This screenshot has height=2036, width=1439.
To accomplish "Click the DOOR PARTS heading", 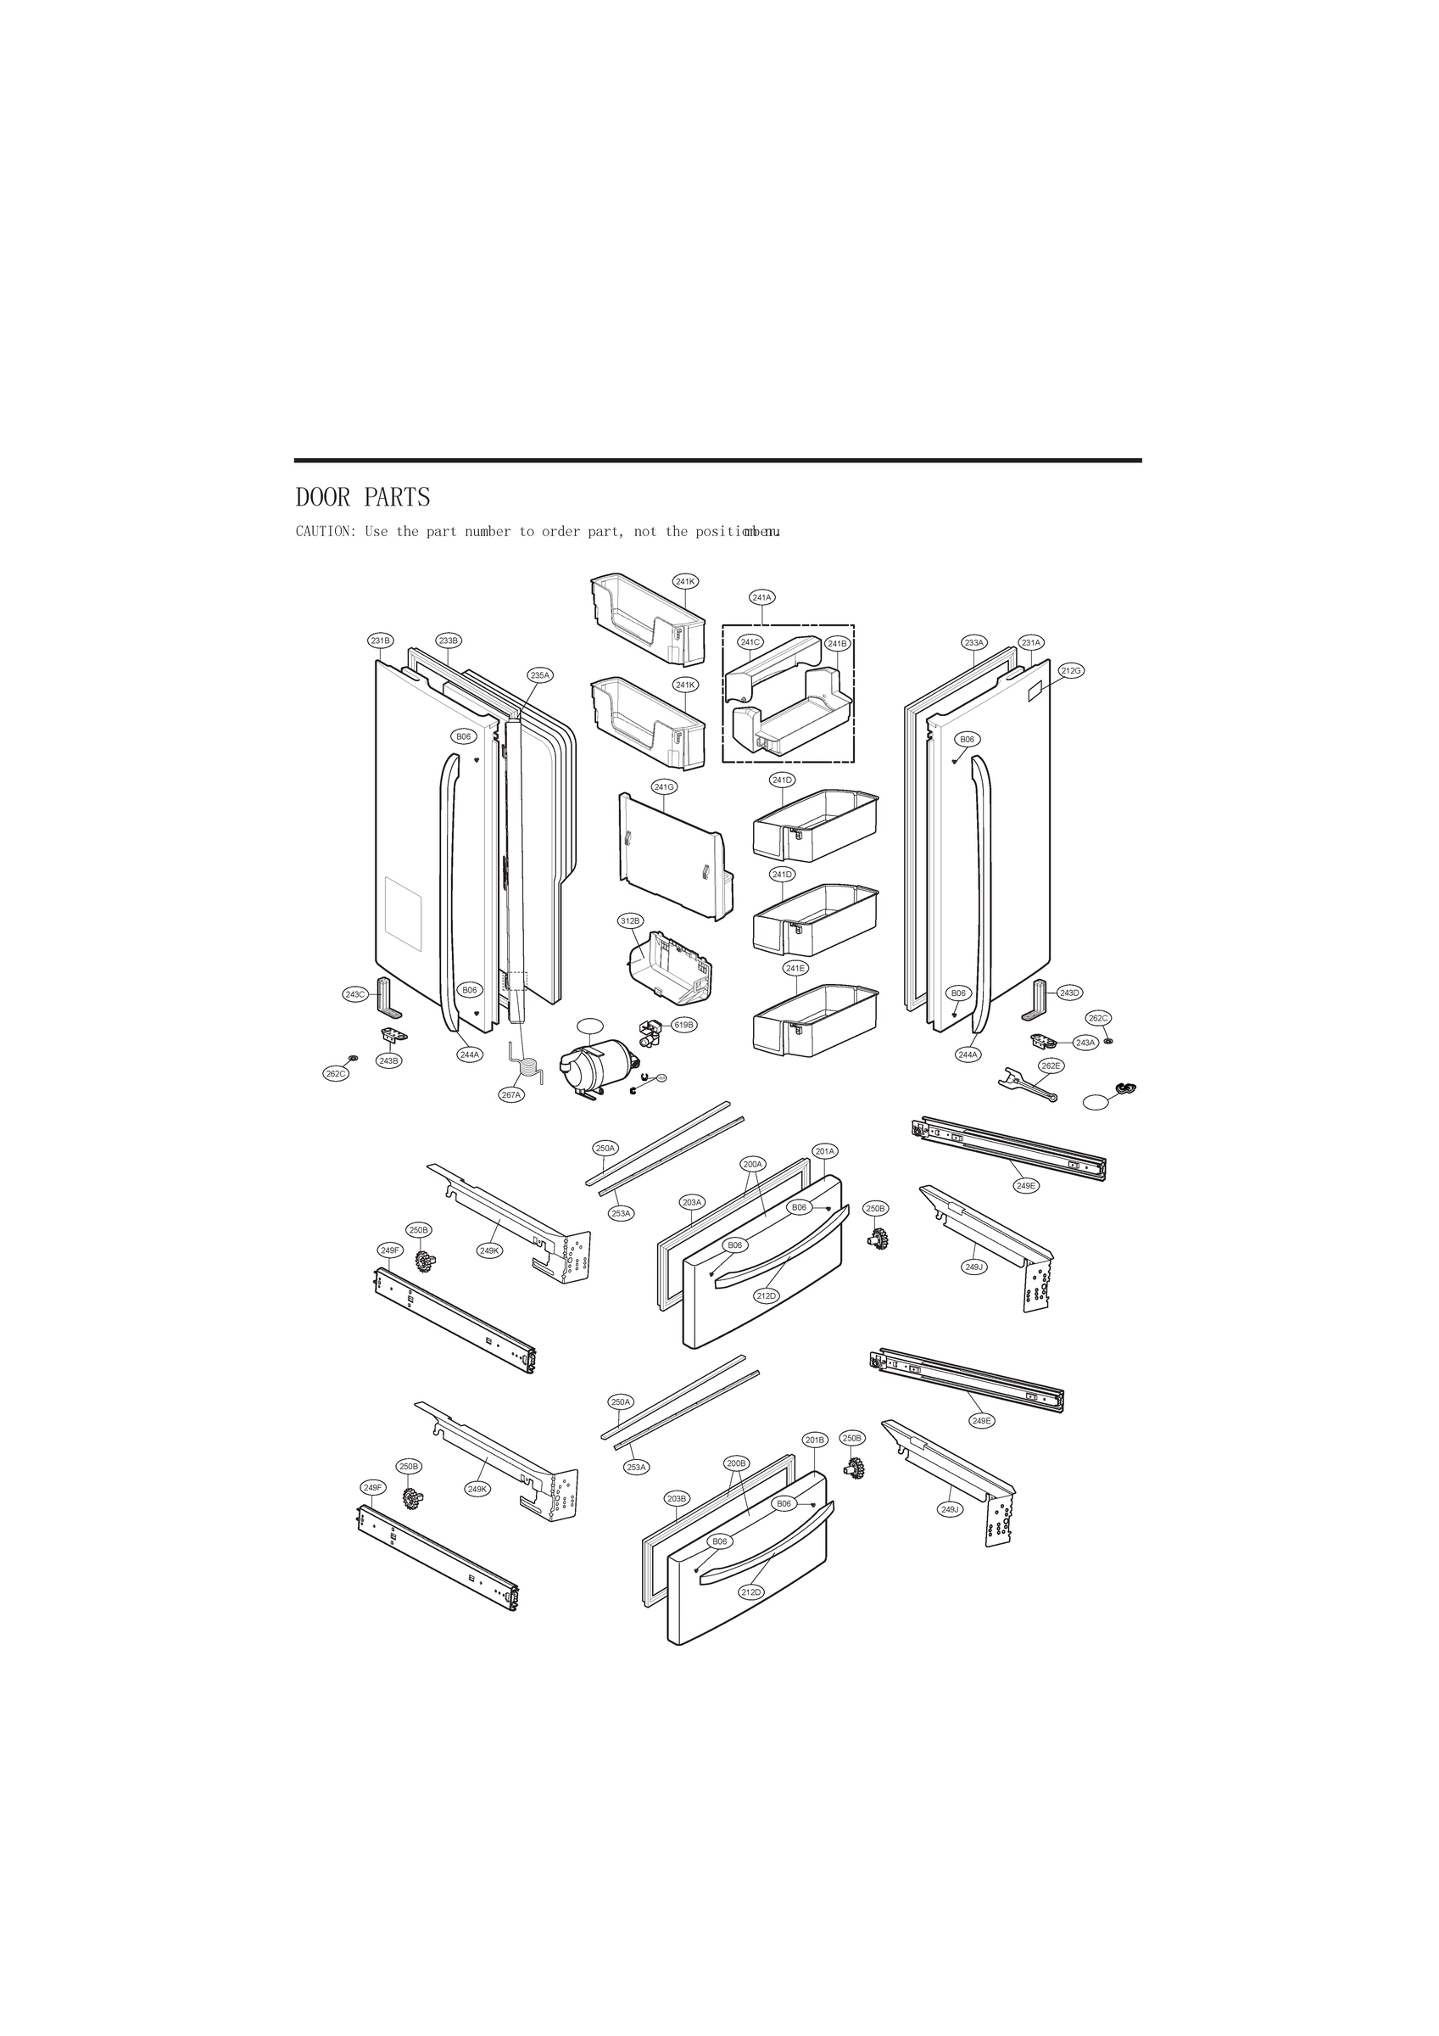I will coord(363,497).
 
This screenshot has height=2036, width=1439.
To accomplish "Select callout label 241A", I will coord(762,598).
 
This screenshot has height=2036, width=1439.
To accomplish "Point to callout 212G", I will coord(1071,670).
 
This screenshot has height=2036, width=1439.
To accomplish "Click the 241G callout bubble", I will coord(664,786).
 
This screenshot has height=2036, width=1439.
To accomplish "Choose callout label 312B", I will coord(629,920).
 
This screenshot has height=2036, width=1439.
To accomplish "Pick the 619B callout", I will coord(683,1025).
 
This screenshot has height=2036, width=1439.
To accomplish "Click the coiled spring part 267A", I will coord(528,1071).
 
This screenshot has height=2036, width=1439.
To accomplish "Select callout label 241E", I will coord(795,968).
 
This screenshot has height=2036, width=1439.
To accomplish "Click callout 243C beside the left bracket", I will coord(354,994).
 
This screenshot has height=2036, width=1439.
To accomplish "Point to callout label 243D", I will coord(1070,993).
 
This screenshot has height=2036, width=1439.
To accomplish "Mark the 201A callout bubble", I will coord(824,1151).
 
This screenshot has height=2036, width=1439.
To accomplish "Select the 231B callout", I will coord(381,640).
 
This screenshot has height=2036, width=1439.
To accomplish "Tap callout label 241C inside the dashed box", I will coord(750,642).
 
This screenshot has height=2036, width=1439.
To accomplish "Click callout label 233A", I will coord(973,642).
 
